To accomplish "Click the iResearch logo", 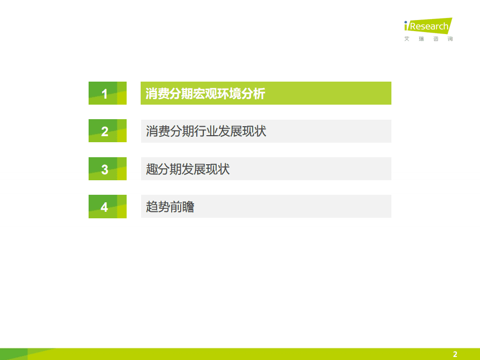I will click(x=428, y=26).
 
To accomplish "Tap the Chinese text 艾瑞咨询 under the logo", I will click(x=428, y=39).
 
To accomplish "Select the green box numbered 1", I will click(x=107, y=93).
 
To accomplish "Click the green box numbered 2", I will click(x=107, y=131).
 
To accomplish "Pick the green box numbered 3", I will click(x=107, y=169).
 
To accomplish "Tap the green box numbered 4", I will click(x=107, y=207).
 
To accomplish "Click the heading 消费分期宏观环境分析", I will click(x=205, y=94).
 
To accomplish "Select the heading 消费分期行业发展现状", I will click(x=206, y=131).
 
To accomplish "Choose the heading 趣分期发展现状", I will click(x=188, y=169).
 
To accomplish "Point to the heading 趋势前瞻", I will click(x=170, y=207).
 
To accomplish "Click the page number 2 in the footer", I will click(x=455, y=354).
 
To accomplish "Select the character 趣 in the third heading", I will click(x=152, y=169).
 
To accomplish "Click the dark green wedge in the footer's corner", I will click(x=13, y=354).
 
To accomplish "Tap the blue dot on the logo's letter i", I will click(x=406, y=22).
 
